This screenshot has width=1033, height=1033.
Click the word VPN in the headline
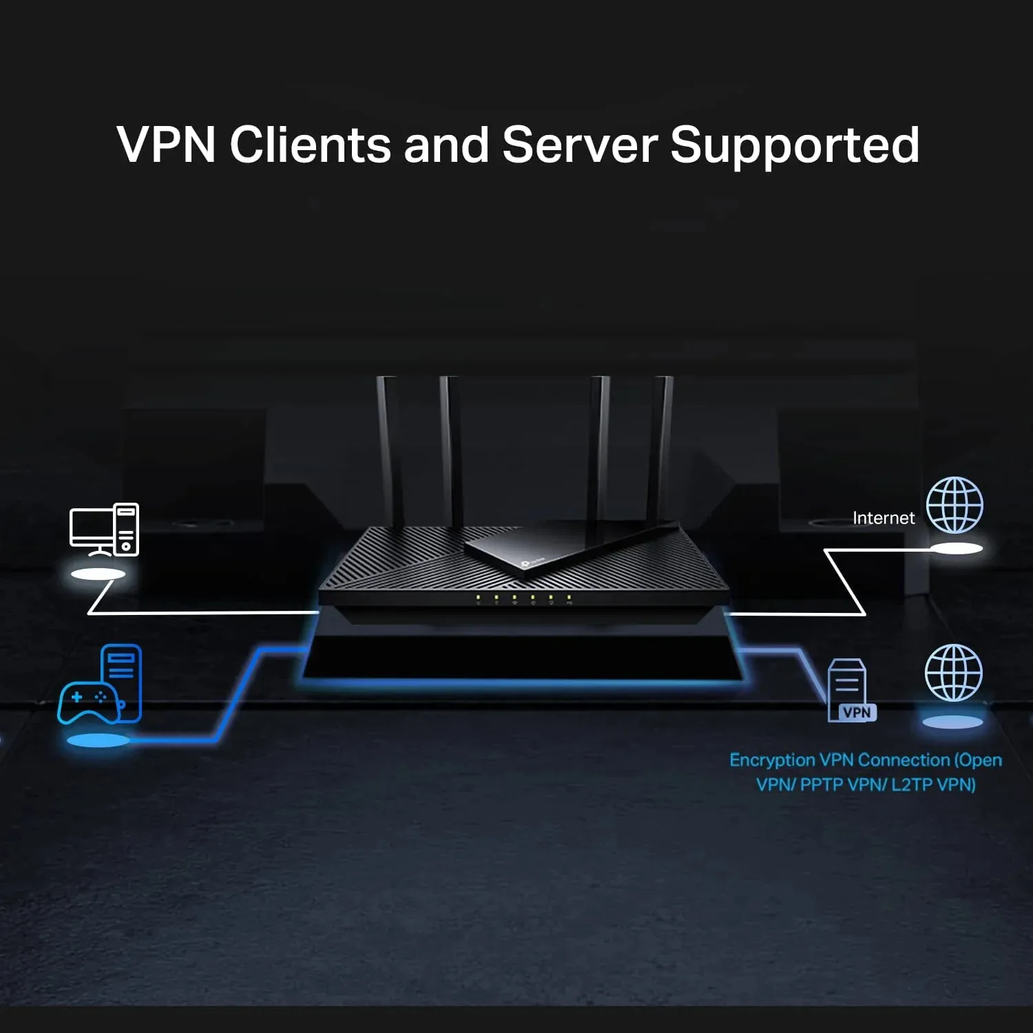[x=166, y=145]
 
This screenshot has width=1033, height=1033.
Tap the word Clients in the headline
[x=310, y=145]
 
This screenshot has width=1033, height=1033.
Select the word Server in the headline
[x=580, y=145]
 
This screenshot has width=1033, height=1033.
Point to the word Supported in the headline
[x=795, y=146]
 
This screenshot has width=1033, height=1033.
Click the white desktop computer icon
[x=104, y=530]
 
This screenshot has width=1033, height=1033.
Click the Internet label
[x=884, y=519]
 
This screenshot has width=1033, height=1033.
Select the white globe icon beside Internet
[x=954, y=505]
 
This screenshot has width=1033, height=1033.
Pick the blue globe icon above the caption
[x=954, y=673]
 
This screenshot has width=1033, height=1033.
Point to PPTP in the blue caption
[x=821, y=785]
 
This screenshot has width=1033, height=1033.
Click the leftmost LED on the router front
[x=478, y=597]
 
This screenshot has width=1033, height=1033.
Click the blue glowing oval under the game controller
[x=98, y=741]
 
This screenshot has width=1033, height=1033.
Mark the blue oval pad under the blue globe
[x=952, y=722]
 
